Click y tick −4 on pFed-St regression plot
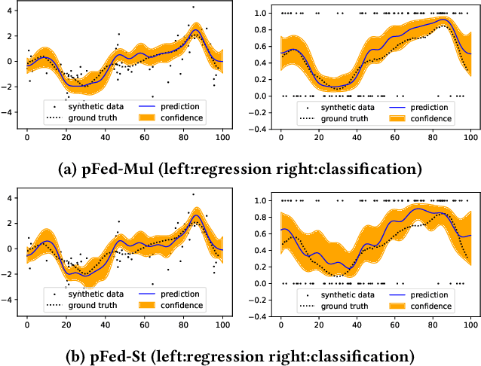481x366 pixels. [9, 299]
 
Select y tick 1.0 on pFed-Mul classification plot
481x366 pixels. [261, 13]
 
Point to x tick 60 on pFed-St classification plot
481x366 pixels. [394, 325]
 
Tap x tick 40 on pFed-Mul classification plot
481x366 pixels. [357, 138]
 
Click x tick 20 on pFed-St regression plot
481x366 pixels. [66, 325]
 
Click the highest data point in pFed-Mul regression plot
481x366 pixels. [193, 7]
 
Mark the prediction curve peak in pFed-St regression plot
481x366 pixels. [195, 215]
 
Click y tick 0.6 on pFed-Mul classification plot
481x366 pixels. [261, 46]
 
